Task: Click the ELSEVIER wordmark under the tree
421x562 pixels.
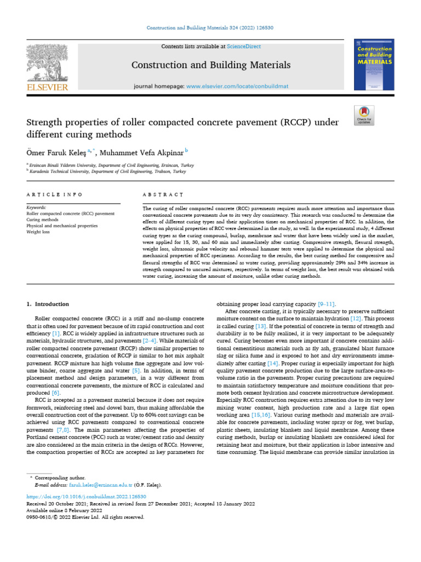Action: pos(47,87)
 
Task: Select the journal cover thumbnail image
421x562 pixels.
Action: pos(374,65)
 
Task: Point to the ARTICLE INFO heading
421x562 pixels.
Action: pos(55,195)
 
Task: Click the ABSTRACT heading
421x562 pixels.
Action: pos(162,195)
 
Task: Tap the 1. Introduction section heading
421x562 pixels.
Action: pos(48,304)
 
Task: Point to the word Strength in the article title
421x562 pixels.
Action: pos(47,122)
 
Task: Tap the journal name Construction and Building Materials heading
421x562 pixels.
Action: pos(211,65)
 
